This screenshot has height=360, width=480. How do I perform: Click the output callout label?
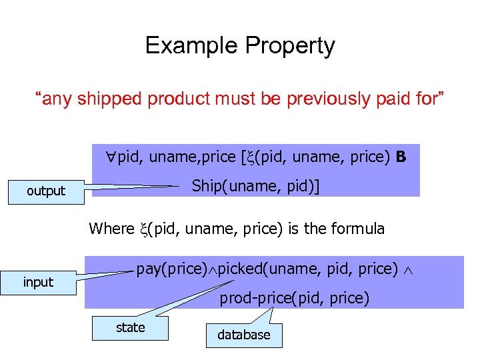click(46, 191)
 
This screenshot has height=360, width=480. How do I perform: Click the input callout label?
click(38, 282)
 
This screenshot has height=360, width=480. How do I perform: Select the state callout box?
click(130, 327)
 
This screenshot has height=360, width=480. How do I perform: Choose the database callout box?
click(244, 335)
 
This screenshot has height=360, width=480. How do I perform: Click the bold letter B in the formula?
click(401, 157)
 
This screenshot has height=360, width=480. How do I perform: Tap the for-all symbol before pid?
click(111, 157)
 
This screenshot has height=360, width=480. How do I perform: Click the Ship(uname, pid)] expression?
click(255, 186)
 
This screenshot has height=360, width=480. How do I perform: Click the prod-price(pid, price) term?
click(295, 298)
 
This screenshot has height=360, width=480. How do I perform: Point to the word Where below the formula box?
click(111, 229)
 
